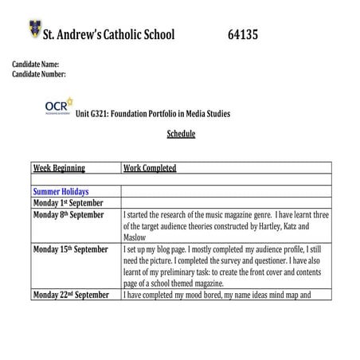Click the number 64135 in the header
tap(242, 35)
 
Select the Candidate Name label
tap(36, 64)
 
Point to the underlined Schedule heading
tap(181, 134)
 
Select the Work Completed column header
tap(150, 168)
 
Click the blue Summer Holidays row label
tap(61, 192)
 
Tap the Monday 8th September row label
tap(68, 215)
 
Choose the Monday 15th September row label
tap(70, 249)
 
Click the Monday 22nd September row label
tap(71, 295)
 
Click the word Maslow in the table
tap(136, 237)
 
